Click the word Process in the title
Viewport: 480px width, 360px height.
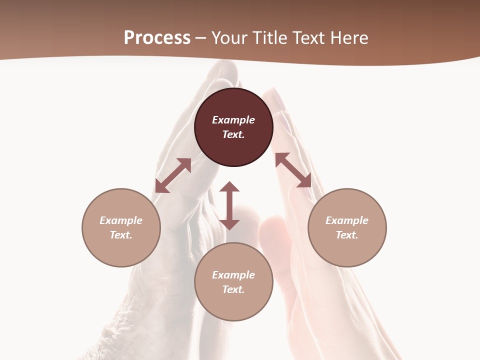157,38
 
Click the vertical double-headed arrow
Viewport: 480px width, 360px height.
229,205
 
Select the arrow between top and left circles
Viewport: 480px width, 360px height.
173,175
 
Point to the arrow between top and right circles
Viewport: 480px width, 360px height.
293,170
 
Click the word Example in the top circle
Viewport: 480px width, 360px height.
233,120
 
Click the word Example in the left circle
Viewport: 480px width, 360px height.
121,220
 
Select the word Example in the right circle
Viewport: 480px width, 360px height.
347,220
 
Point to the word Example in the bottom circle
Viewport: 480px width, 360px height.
233,275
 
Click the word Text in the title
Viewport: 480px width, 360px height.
309,38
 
